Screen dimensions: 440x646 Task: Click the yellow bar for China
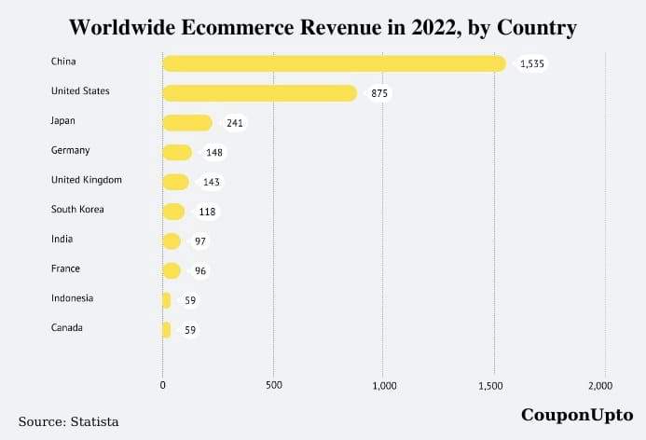(334, 63)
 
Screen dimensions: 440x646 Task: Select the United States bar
(259, 93)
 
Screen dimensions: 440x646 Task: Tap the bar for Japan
(186, 123)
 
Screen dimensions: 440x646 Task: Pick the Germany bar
(176, 153)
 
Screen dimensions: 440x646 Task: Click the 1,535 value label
(532, 63)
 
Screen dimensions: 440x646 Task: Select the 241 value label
(234, 123)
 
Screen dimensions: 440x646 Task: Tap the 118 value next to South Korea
(206, 212)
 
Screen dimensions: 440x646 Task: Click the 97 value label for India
(199, 241)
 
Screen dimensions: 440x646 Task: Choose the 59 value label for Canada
(190, 330)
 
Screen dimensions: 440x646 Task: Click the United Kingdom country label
(87, 179)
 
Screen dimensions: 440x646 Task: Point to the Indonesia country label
(73, 298)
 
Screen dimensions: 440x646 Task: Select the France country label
(66, 268)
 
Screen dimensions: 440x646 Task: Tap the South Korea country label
(78, 209)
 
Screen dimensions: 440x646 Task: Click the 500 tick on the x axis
(273, 384)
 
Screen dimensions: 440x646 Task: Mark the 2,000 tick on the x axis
(601, 384)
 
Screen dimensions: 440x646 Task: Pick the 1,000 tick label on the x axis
(383, 384)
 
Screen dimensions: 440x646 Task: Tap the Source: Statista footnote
(69, 422)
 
